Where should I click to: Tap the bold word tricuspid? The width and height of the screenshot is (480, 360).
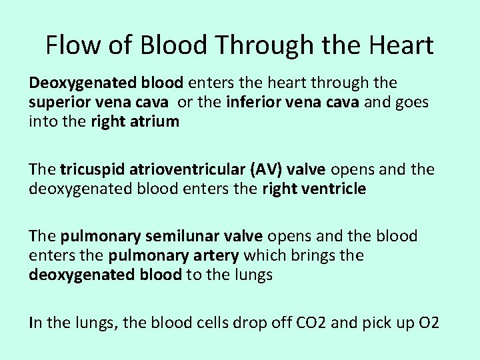(91, 170)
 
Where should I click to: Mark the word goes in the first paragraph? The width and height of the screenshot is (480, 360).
(412, 103)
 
